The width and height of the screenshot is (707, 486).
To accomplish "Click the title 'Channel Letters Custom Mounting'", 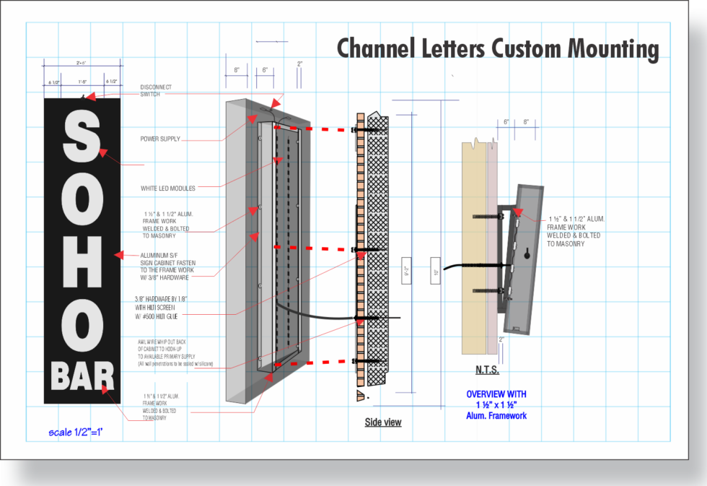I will click(498, 49).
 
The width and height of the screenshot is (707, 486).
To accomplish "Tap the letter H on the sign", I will click(79, 254).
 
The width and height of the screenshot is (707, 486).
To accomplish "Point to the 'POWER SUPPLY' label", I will click(160, 139).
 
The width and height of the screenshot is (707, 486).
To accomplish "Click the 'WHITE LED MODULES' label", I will click(168, 188).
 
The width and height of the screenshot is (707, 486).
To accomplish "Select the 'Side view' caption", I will click(383, 422).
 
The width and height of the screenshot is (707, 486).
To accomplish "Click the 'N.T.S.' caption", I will click(487, 371).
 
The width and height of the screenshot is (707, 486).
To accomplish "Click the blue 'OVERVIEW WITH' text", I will click(496, 394).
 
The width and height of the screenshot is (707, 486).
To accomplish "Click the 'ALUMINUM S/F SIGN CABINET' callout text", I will click(164, 266).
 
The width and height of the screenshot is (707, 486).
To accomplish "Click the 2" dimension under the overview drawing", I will click(501, 339).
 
